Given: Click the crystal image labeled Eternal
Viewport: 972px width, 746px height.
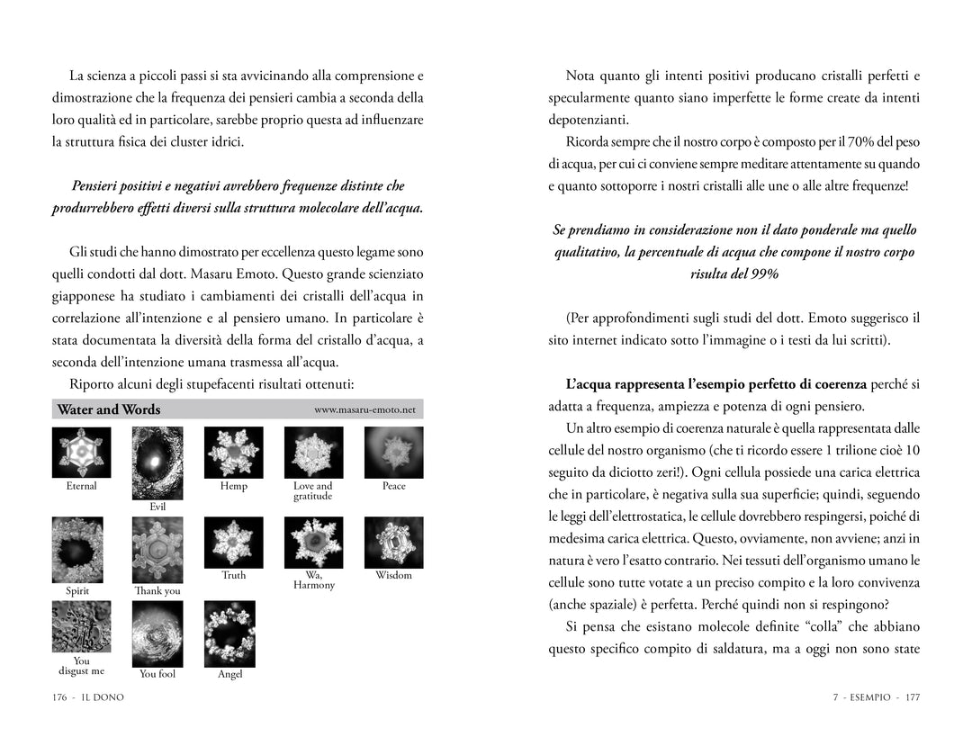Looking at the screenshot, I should [x=81, y=452].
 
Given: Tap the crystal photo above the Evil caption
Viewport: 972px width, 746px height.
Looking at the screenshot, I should [x=157, y=463].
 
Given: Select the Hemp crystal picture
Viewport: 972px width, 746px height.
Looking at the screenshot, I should [x=233, y=452].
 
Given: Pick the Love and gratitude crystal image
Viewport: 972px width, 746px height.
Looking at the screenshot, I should [x=313, y=452].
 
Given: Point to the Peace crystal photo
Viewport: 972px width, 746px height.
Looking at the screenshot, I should [x=393, y=452].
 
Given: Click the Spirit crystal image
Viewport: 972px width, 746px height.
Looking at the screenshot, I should [x=77, y=550].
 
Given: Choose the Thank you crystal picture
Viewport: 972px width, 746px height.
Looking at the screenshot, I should [x=157, y=550].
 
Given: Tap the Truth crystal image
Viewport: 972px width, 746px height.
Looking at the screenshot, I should [x=233, y=542].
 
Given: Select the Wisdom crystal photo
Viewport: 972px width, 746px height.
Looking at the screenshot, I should [x=393, y=542].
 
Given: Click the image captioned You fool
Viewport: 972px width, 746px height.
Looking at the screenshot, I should [x=157, y=633].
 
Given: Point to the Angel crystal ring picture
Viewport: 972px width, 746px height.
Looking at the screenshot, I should [x=229, y=633].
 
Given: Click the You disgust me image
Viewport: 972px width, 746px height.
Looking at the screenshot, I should [x=81, y=627].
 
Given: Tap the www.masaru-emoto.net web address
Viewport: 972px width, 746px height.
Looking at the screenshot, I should [x=364, y=409].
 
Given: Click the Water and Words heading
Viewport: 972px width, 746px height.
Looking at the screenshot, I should [x=109, y=409].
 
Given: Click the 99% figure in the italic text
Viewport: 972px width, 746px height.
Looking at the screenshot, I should [x=761, y=273].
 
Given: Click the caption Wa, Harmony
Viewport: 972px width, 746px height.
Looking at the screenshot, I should [x=313, y=580].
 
